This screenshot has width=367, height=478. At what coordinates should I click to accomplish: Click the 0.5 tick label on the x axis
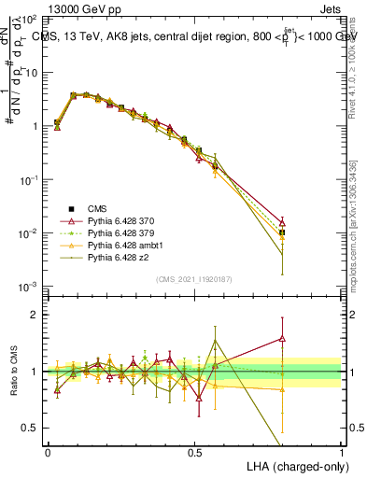(x=194, y=451)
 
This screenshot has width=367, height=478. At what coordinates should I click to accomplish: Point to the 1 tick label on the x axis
(x=341, y=451)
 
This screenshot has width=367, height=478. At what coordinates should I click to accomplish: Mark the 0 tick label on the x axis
(x=48, y=451)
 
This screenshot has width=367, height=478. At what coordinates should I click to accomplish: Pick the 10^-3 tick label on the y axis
(x=28, y=287)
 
